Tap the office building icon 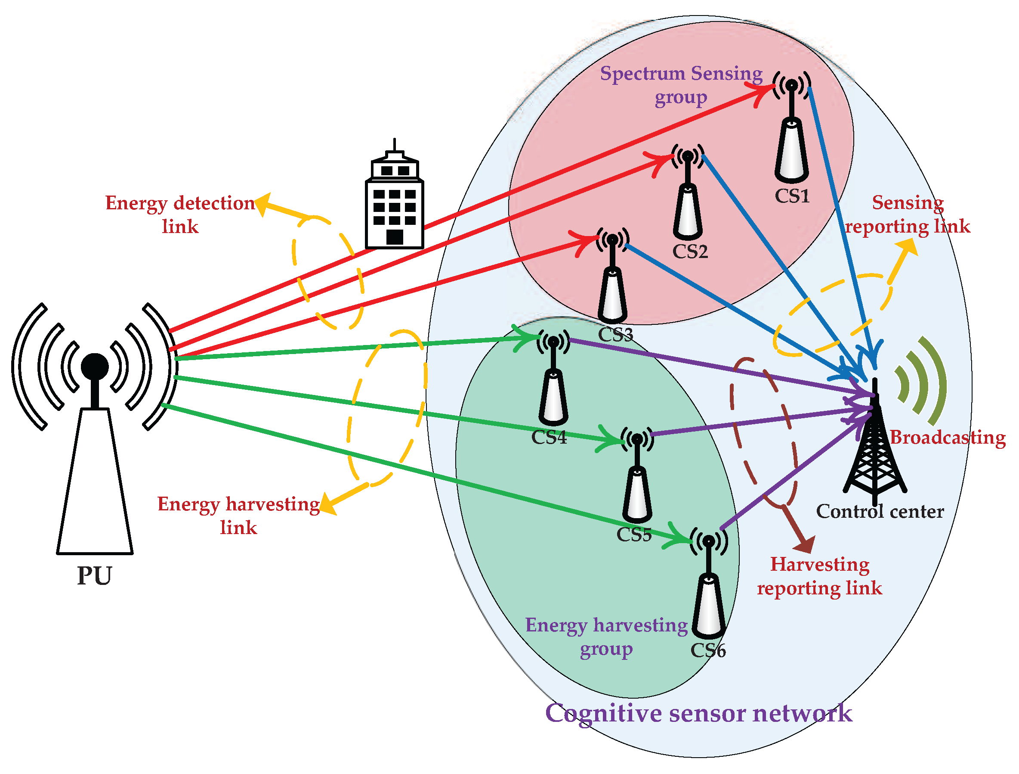(394, 203)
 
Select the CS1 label (792, 196)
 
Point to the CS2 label (690, 252)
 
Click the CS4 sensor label (549, 438)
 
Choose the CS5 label (634, 535)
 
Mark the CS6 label (708, 650)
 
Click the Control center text (880, 512)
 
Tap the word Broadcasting (947, 438)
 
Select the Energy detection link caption (180, 214)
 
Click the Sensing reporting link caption (908, 214)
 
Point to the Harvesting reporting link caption (819, 576)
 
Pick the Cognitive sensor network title (699, 713)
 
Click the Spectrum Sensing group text (681, 85)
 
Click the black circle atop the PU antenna (95, 367)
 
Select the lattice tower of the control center (874, 452)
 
